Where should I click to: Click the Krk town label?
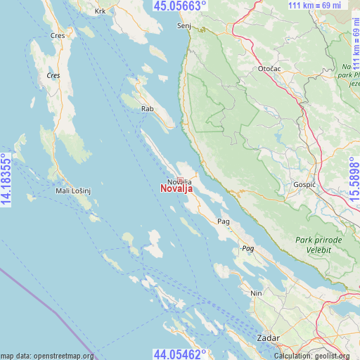(101, 12)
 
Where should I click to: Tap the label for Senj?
(184, 25)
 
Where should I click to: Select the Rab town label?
(148, 109)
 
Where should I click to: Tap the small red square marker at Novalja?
(180, 180)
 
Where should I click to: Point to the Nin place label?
(257, 293)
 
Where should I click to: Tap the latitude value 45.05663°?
(180, 6)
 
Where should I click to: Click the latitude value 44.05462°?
(180, 354)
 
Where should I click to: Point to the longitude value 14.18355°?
(7, 180)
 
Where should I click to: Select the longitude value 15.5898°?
(353, 180)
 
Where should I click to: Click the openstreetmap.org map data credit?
(47, 356)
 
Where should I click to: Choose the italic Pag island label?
(247, 249)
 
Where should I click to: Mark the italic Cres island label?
(53, 75)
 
